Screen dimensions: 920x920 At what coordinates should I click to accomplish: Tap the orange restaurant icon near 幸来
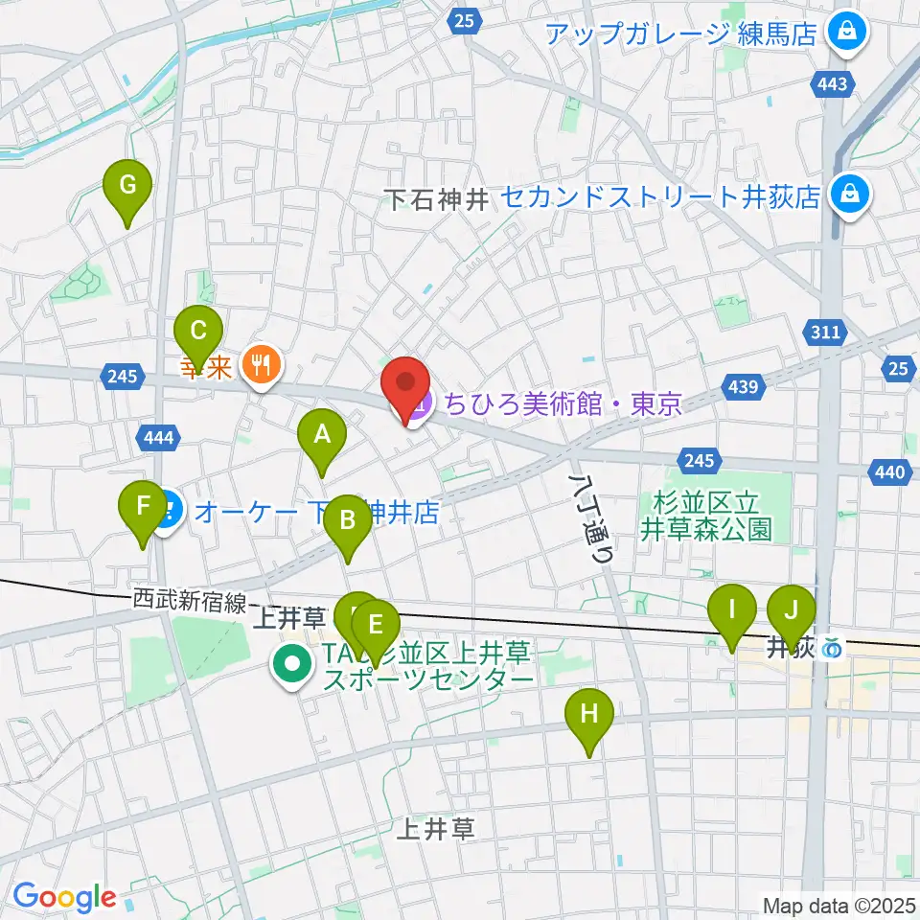[261, 364]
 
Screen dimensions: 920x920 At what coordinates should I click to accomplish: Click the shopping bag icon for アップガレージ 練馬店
[848, 34]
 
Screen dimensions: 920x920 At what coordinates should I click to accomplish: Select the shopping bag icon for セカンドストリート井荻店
[849, 196]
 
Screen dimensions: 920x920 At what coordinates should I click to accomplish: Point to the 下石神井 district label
[436, 199]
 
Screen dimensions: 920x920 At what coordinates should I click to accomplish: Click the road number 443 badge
[833, 84]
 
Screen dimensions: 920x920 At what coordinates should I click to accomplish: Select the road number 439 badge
[748, 388]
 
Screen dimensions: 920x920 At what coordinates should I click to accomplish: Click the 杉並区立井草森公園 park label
[706, 515]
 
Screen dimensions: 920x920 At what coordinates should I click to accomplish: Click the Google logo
[65, 897]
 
